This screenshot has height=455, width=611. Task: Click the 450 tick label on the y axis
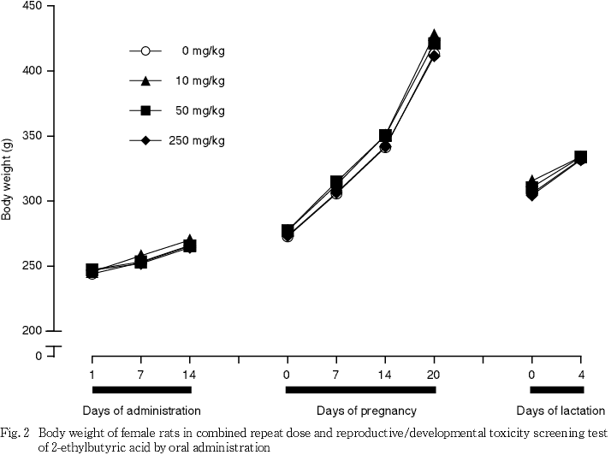pos(33,6)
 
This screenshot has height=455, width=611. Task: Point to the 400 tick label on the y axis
pos(33,71)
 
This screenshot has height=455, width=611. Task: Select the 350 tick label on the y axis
pos(33,136)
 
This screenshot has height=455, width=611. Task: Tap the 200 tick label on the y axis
pos(33,331)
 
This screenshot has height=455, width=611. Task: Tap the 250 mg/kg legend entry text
pos(199,141)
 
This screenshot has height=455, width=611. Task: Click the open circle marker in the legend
pos(145,51)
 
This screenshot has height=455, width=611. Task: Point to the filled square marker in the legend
pos(145,111)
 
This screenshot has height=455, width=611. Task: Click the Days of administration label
pos(141,410)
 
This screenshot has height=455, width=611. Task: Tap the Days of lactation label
pos(557,410)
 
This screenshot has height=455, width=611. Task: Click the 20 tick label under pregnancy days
pos(434,373)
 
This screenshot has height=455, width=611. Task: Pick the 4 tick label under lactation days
pos(581,373)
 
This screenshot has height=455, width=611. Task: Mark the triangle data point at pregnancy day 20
pos(434,36)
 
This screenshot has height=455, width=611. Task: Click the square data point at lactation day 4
pos(581,157)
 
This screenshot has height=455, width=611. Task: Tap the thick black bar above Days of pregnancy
pos(360,390)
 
